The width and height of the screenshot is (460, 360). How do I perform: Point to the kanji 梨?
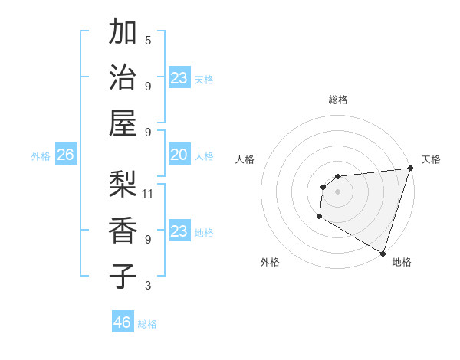(123, 184)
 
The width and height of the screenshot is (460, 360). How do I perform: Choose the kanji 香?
(123, 229)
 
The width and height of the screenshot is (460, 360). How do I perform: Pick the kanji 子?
(123, 275)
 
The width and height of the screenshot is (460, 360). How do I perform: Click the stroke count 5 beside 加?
(148, 40)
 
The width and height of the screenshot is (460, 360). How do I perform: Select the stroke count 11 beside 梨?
(148, 193)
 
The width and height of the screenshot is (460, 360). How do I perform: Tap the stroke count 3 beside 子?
(148, 286)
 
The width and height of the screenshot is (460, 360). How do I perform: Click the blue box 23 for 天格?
(179, 78)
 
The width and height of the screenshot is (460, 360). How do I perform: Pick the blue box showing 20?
(179, 155)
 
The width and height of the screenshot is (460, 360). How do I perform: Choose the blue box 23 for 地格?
(179, 231)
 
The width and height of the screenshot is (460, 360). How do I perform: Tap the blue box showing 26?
(65, 155)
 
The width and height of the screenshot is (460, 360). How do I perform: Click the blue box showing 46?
(123, 322)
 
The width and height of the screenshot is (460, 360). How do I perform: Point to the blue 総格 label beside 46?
(147, 324)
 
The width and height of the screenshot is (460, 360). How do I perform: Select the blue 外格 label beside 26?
(41, 156)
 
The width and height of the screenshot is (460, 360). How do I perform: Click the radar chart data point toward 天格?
(411, 169)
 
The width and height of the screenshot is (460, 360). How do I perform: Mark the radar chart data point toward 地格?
(383, 253)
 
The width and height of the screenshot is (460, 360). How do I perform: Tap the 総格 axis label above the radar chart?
(338, 100)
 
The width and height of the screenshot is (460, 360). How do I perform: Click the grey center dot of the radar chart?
(337, 191)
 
